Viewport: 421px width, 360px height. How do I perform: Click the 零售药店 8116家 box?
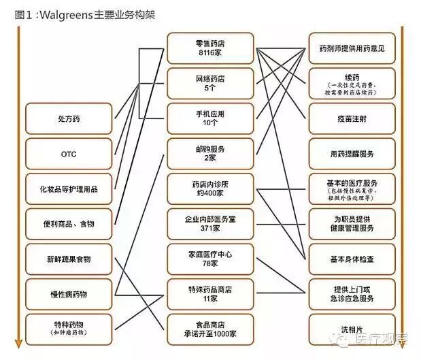coord(209,48)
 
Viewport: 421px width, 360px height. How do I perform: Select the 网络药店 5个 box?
coord(209,84)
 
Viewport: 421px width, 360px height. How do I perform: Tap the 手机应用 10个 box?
coord(209,118)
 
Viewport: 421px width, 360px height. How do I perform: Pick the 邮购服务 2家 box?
coord(209,154)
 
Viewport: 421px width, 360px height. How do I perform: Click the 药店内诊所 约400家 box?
coord(209,189)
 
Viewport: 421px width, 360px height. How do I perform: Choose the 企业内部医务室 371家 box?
coord(209,224)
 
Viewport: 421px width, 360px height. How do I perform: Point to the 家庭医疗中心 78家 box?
coord(209,259)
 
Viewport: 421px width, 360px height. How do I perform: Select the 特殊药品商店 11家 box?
coord(209,294)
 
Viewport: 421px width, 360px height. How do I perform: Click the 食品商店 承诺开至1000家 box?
coord(209,329)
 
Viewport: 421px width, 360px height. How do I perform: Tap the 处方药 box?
coord(69,118)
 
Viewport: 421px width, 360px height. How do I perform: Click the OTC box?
coord(69,154)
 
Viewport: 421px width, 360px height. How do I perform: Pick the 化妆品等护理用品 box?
coord(69,189)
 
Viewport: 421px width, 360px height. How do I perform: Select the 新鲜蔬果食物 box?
coord(69,259)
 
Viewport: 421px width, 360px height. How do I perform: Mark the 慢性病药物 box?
coord(69,294)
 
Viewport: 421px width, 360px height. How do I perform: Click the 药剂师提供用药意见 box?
coord(351,48)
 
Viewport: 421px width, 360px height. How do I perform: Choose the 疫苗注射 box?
coord(351,118)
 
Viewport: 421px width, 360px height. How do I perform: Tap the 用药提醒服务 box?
coord(351,154)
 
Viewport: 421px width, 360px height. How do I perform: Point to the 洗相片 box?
coord(351,329)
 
